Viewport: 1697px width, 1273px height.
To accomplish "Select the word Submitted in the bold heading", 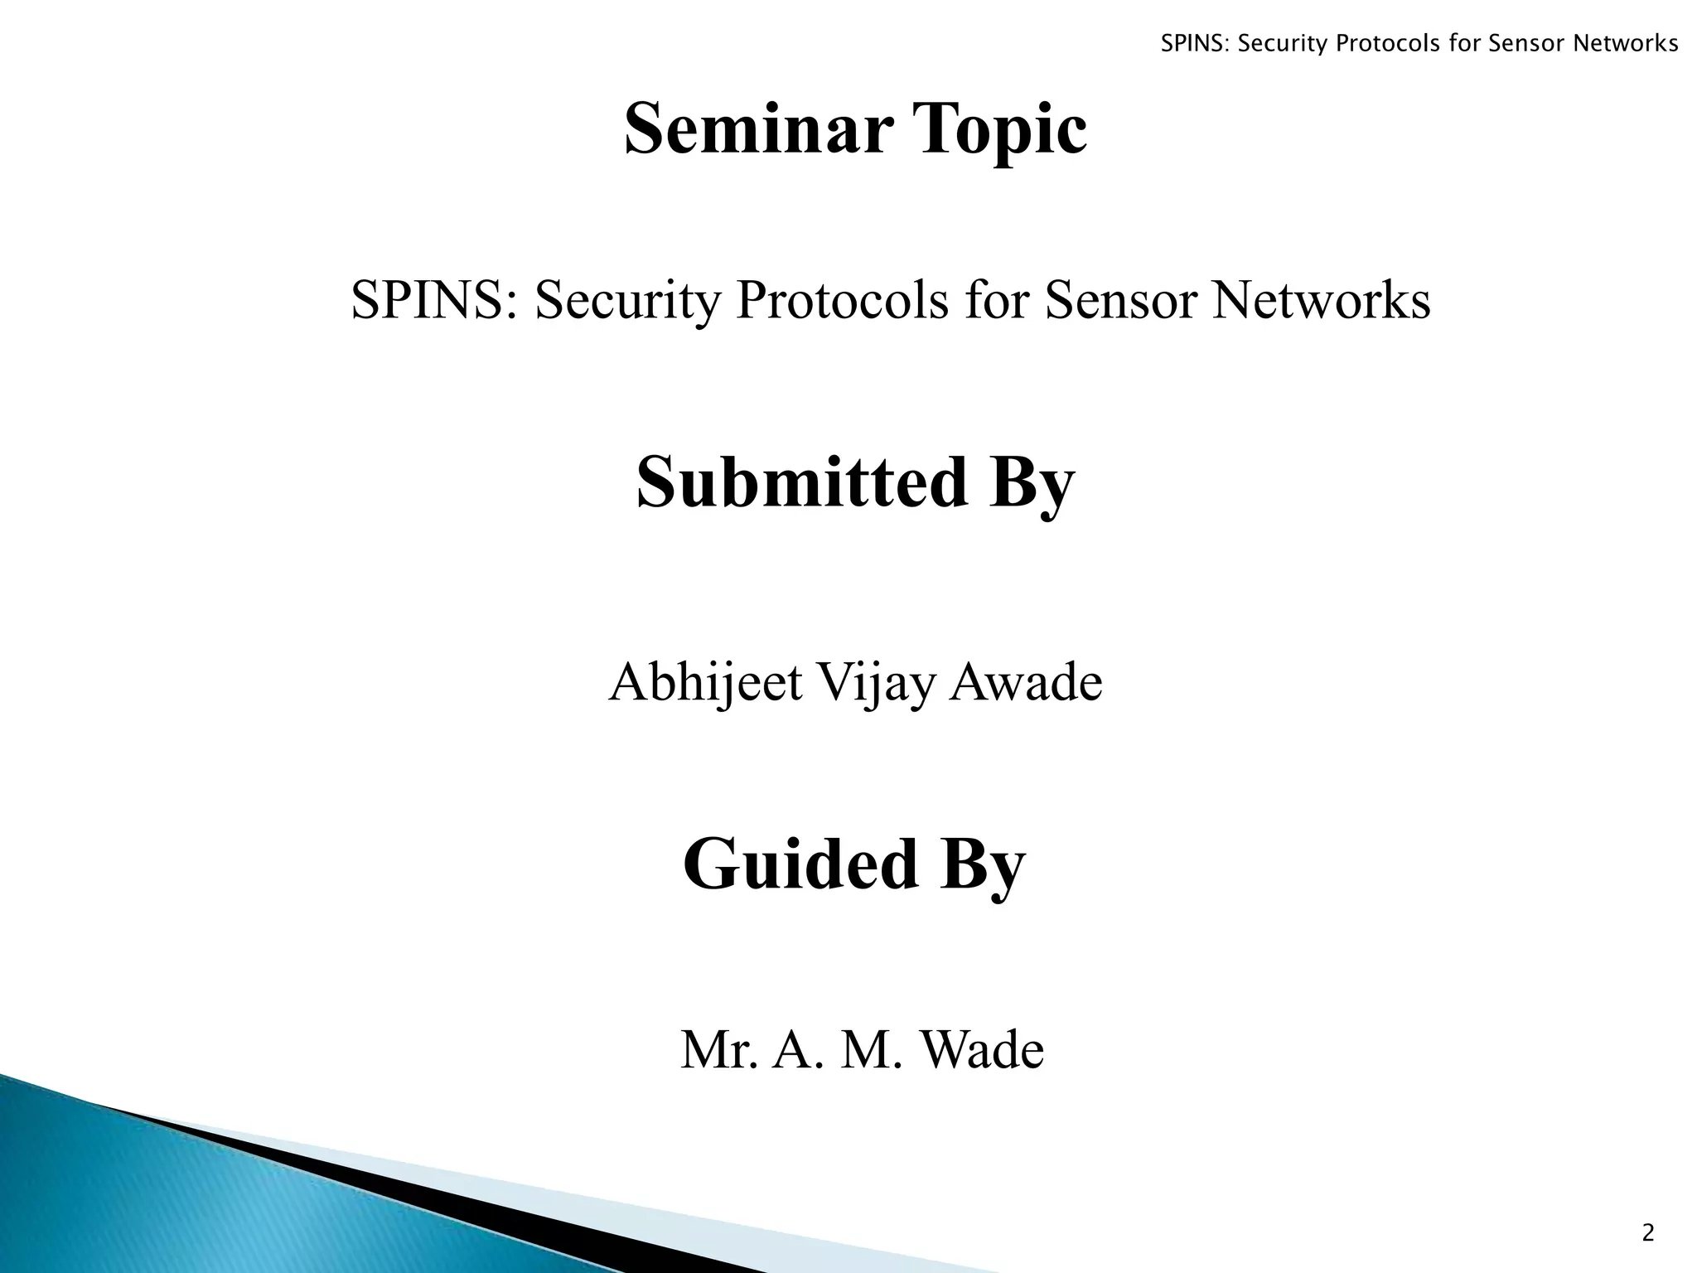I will point(801,482).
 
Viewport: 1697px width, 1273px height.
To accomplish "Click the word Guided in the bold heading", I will point(800,864).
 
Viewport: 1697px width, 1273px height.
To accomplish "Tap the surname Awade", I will point(1026,682).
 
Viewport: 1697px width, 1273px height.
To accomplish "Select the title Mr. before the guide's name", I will point(718,1050).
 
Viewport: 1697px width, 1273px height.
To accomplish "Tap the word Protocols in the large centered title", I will point(842,300).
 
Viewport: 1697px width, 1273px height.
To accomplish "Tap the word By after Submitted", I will point(1031,484).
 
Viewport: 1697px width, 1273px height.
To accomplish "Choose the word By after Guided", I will point(982,865).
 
